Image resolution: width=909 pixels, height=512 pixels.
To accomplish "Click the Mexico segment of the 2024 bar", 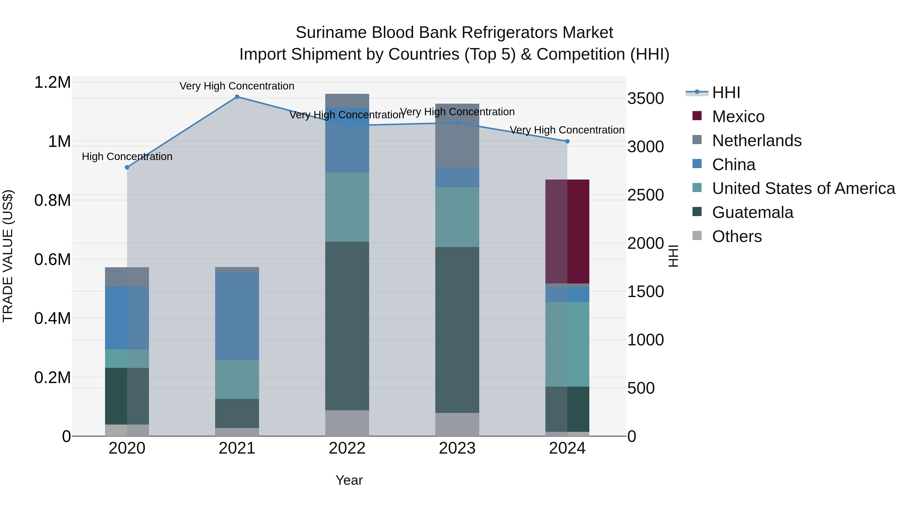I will click(567, 231).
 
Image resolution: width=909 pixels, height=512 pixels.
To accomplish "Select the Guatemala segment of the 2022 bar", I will click(347, 326).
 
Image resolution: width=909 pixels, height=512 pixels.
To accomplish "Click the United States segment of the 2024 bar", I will click(567, 344).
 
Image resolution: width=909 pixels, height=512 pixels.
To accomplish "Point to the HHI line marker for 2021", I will click(237, 97).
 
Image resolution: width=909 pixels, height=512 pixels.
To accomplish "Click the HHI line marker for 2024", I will click(567, 141).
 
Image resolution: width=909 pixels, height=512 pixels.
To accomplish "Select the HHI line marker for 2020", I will click(127, 167).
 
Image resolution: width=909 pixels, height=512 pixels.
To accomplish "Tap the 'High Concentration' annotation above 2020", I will click(127, 157).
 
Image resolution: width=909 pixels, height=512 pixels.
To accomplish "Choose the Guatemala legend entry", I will click(752, 212).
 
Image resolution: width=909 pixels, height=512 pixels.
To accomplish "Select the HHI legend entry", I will click(726, 93).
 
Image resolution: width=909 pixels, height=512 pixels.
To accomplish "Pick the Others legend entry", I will click(737, 236).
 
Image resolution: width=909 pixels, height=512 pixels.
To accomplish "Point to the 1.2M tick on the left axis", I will click(52, 82).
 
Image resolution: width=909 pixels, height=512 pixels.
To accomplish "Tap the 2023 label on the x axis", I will click(457, 448).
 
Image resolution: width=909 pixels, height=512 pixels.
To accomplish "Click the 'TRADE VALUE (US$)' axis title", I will click(8, 256).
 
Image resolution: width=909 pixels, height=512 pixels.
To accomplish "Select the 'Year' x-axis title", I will click(349, 480).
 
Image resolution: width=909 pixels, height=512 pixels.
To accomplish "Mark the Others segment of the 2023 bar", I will click(457, 424).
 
